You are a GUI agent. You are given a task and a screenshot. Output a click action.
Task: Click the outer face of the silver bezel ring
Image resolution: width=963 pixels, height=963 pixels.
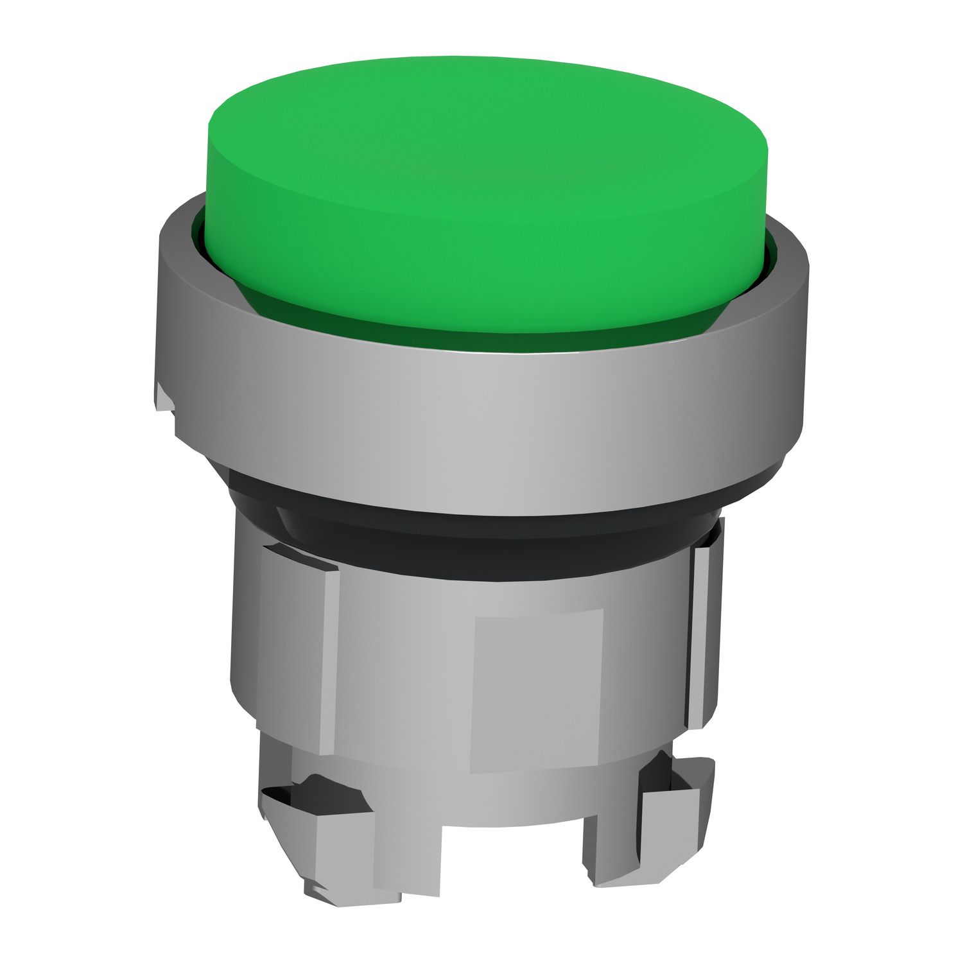click(x=481, y=411)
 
